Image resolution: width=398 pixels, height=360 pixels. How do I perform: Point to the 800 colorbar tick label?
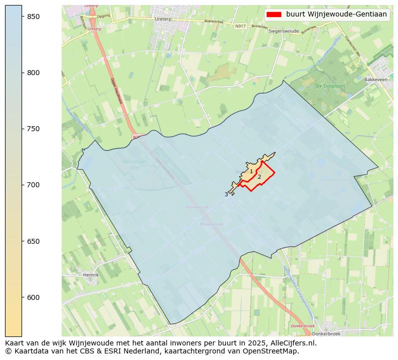point(33,73)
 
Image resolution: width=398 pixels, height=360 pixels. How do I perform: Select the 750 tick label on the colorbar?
point(33,129)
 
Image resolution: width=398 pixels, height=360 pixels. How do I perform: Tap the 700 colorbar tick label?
point(33,185)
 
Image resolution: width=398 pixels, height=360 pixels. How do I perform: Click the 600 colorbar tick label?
point(33,297)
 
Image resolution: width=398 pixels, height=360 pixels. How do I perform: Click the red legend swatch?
point(274,15)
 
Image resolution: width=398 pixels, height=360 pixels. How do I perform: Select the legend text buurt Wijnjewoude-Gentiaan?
point(336,15)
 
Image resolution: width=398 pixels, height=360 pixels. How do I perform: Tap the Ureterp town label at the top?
point(163,19)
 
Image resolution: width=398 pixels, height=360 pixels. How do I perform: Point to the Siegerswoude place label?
point(284,31)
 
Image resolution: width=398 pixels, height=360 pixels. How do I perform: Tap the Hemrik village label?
point(91,275)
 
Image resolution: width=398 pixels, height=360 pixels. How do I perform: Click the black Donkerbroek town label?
point(326,333)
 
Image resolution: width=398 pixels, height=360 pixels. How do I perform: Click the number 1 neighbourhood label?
point(251,172)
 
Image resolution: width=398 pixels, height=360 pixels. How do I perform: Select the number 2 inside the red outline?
point(259,177)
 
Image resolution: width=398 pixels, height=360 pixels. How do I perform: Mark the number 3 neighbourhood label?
point(226,194)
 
